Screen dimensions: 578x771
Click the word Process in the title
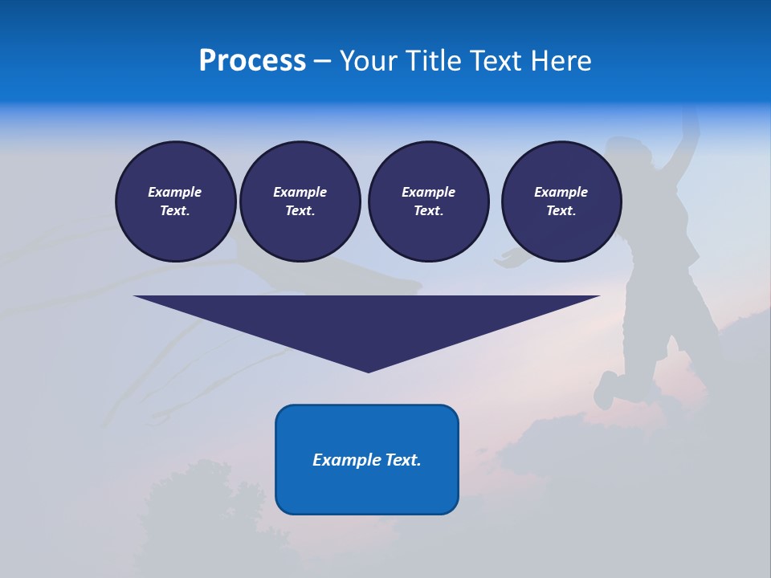tap(252, 61)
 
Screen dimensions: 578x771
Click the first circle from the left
tap(176, 201)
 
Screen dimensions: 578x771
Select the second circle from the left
tap(300, 201)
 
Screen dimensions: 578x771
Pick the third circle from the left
tap(429, 201)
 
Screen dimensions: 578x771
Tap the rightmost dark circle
tap(561, 201)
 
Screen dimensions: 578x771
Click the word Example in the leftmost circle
tap(175, 192)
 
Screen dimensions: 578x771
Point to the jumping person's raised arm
tap(689, 132)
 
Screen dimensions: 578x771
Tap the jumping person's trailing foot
tap(605, 392)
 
